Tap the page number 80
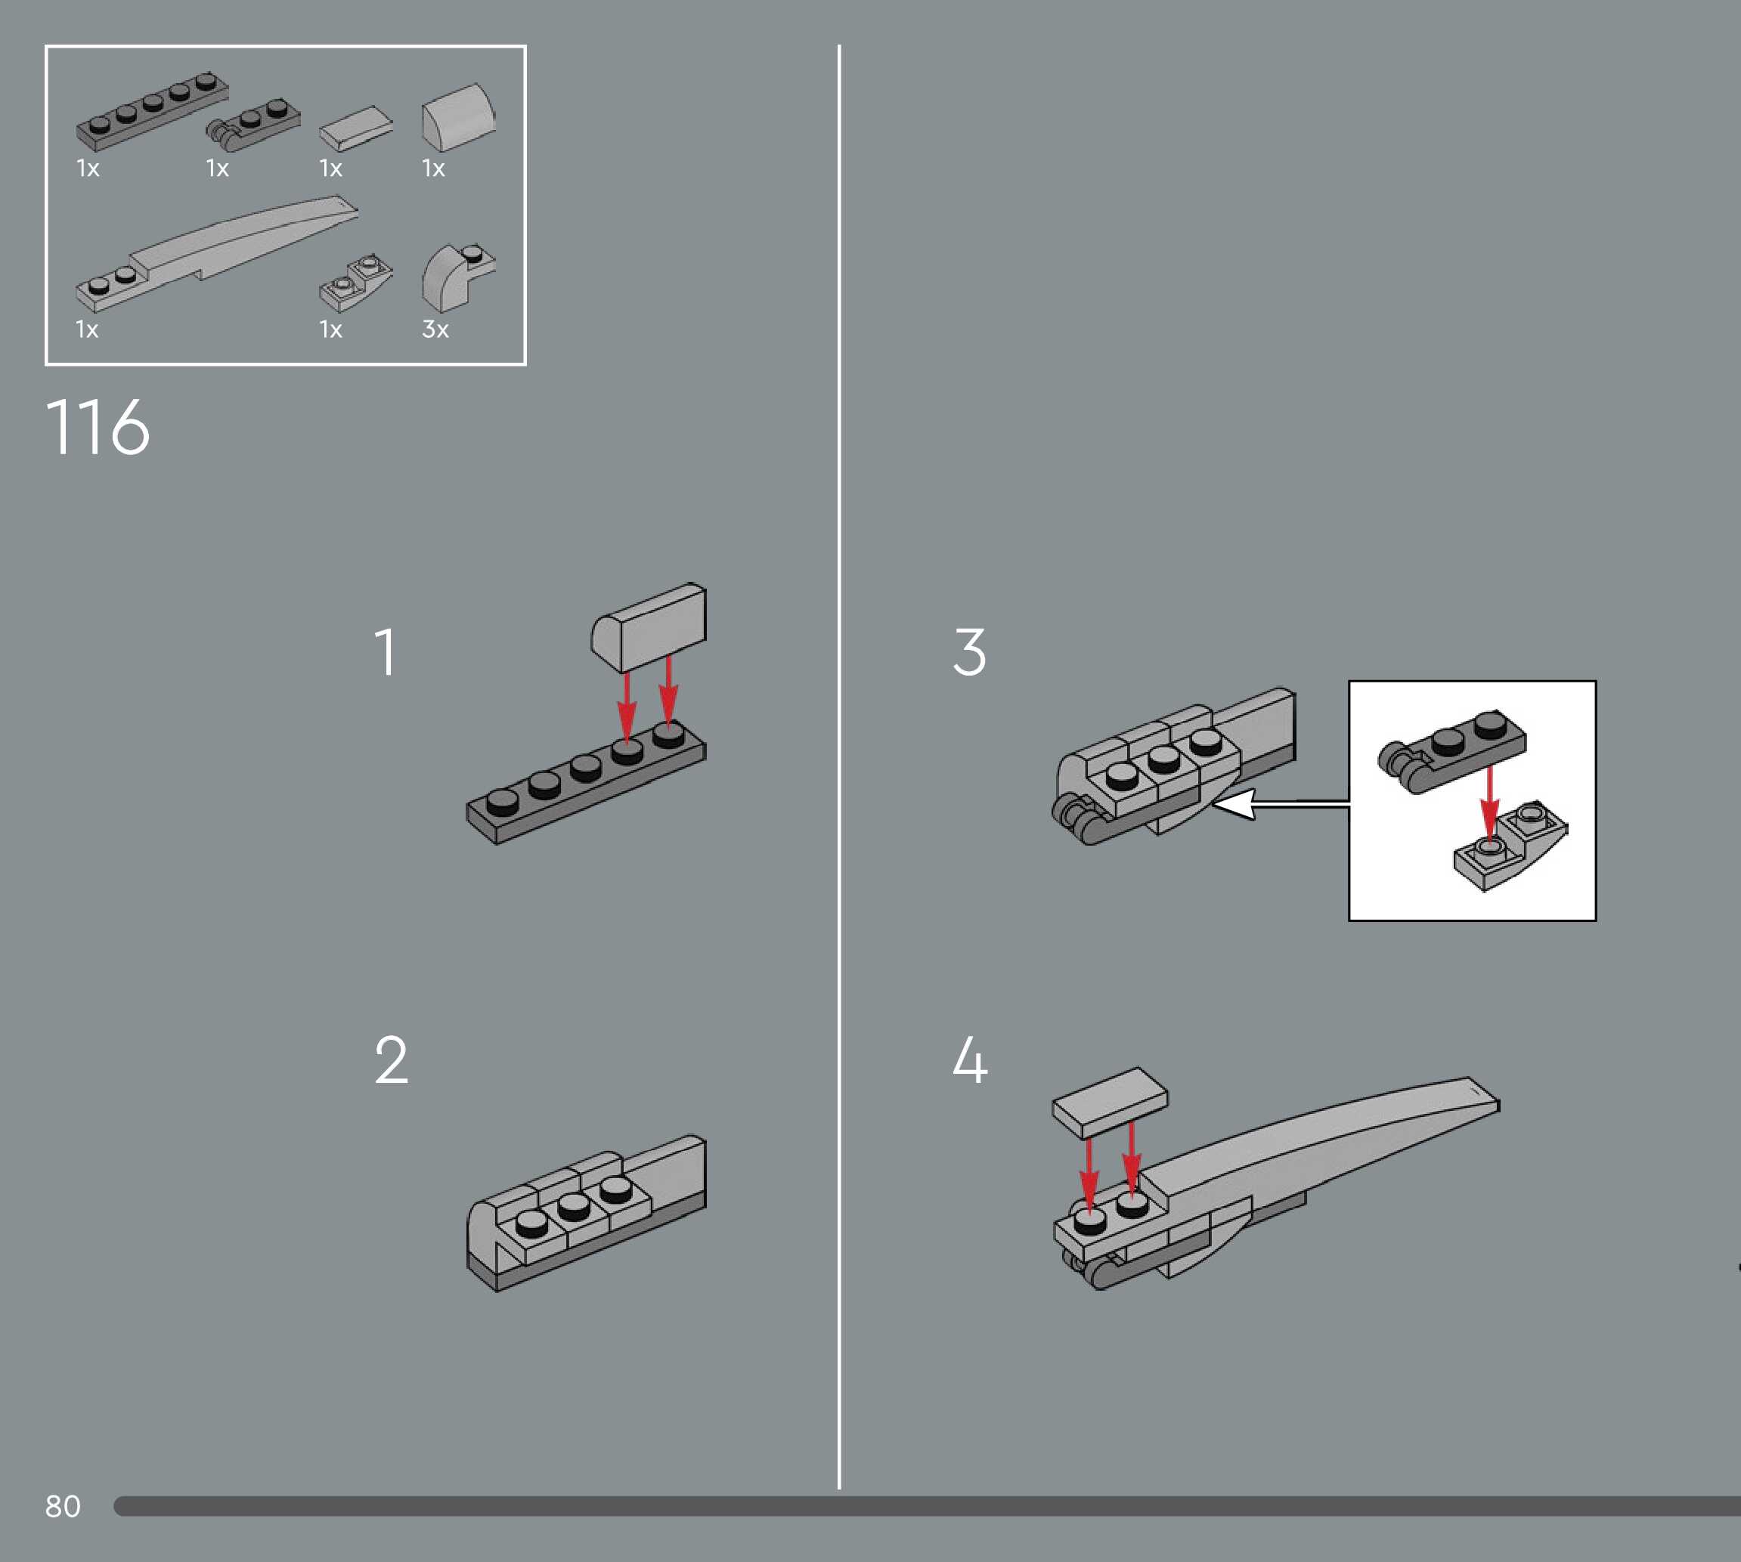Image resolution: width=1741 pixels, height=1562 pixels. [63, 1506]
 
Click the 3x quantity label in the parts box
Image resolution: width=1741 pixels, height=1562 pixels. [435, 329]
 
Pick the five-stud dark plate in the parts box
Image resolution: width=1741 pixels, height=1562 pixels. [153, 112]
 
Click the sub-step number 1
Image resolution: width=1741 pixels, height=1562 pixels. [386, 651]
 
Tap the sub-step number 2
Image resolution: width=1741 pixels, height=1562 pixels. [391, 1060]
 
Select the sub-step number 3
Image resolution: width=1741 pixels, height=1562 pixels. [969, 651]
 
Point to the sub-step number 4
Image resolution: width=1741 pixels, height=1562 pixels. [970, 1060]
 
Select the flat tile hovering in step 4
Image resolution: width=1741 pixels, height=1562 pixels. [1110, 1103]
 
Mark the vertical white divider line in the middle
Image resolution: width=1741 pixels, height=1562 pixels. [838, 772]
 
